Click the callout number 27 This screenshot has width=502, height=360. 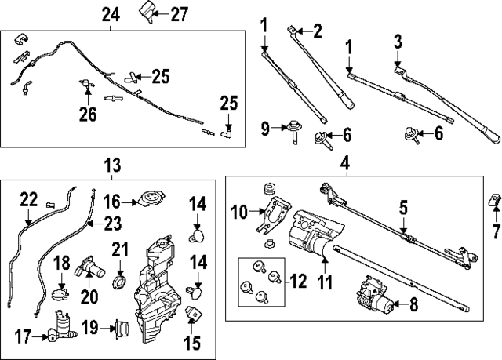[180, 13]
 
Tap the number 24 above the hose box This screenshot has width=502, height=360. [111, 13]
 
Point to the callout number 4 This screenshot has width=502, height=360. [344, 164]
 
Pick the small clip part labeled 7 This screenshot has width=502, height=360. [496, 202]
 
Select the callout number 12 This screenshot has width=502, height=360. [300, 279]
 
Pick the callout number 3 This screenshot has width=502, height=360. [397, 40]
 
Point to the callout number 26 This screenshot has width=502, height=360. [88, 115]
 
